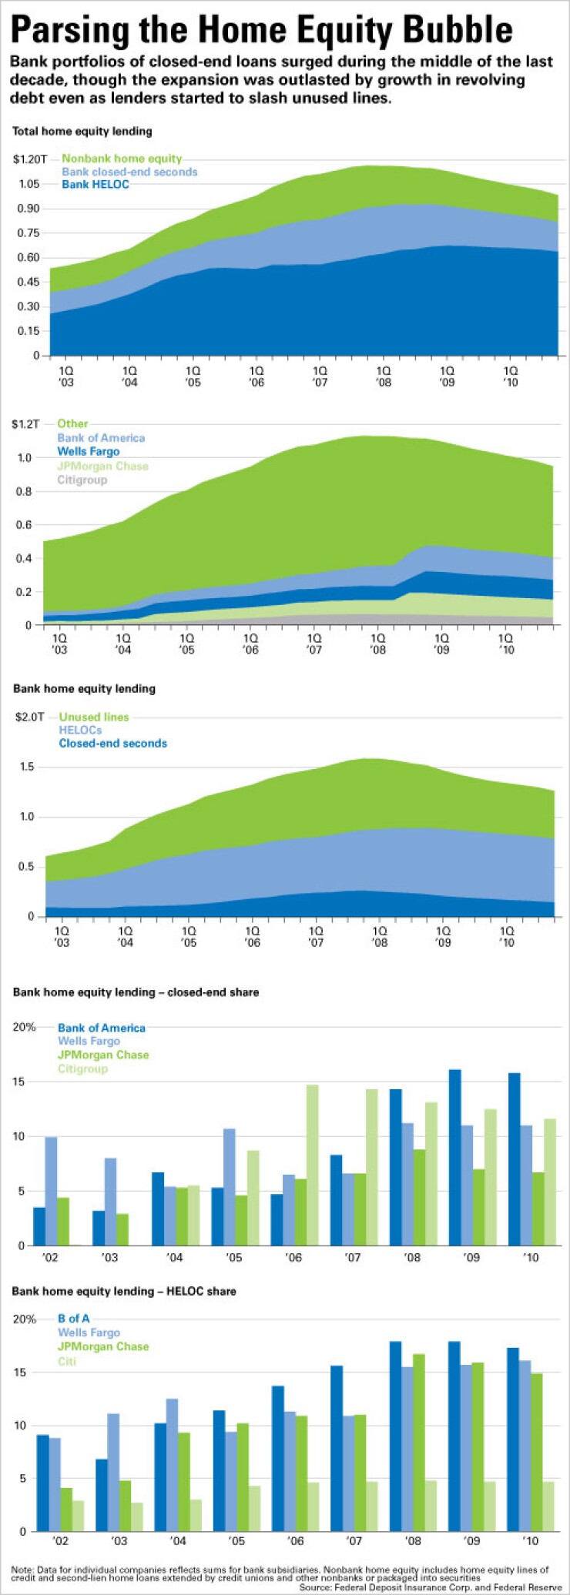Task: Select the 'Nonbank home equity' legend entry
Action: click(122, 159)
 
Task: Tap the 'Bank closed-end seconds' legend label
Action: click(129, 172)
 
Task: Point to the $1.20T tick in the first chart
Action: click(30, 159)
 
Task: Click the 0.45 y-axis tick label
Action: click(27, 282)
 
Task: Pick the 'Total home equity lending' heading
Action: click(82, 132)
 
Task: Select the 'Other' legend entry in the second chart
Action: click(72, 423)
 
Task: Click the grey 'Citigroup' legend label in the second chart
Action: click(82, 480)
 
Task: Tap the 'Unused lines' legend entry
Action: click(94, 717)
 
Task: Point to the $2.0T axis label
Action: click(30, 717)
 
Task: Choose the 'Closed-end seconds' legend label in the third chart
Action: click(113, 744)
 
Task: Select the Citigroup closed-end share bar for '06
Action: click(312, 1165)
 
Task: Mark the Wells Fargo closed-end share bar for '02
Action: click(51, 1191)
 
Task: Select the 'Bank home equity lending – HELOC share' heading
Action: click(124, 1291)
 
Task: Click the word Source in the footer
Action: click(316, 1587)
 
